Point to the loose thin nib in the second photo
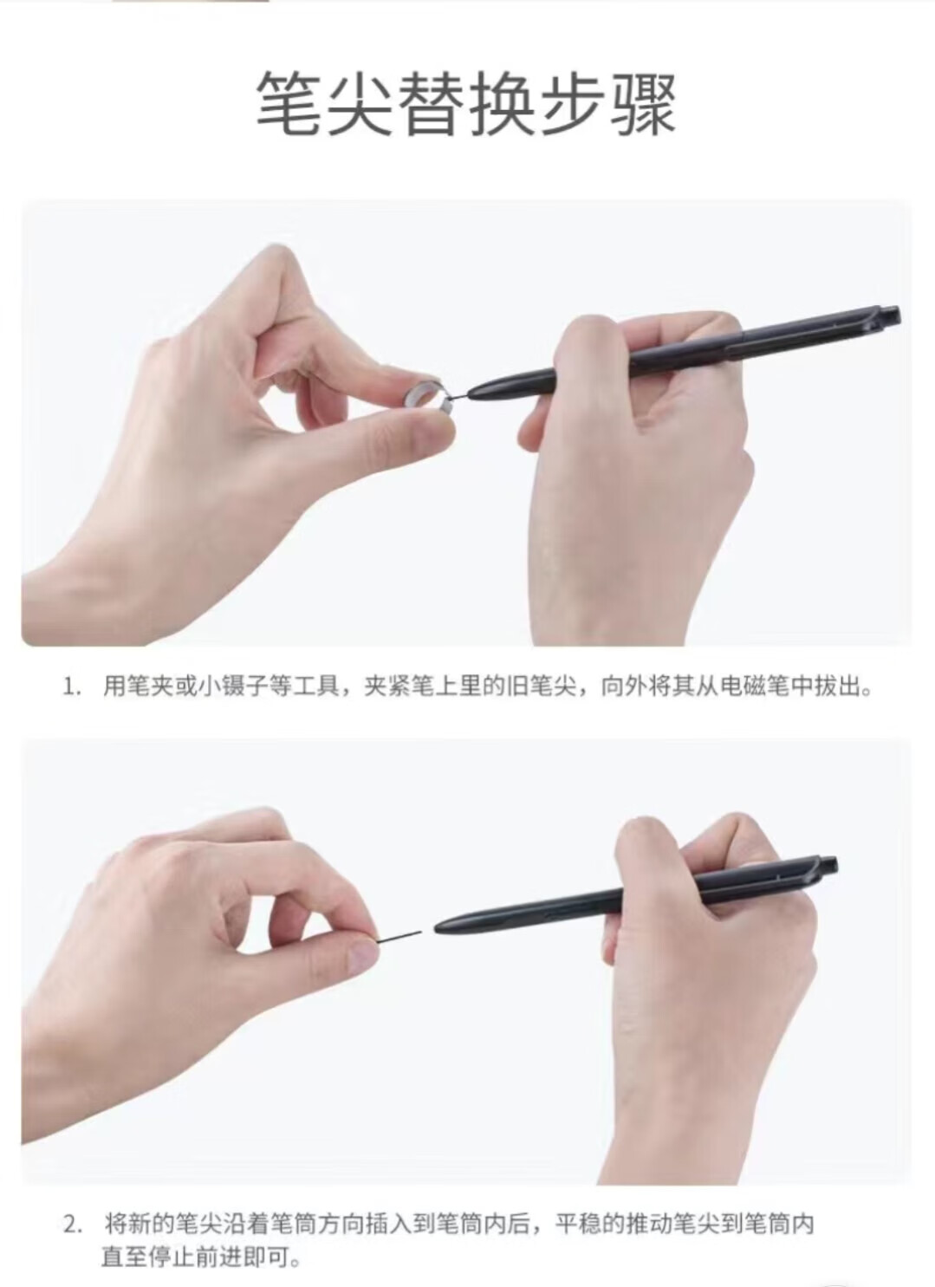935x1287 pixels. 399,935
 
